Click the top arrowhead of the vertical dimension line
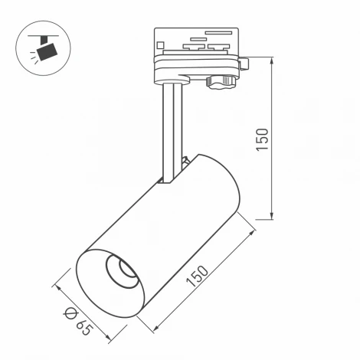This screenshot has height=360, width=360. [x=273, y=59]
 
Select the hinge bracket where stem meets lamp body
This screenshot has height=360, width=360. [x=184, y=165]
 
